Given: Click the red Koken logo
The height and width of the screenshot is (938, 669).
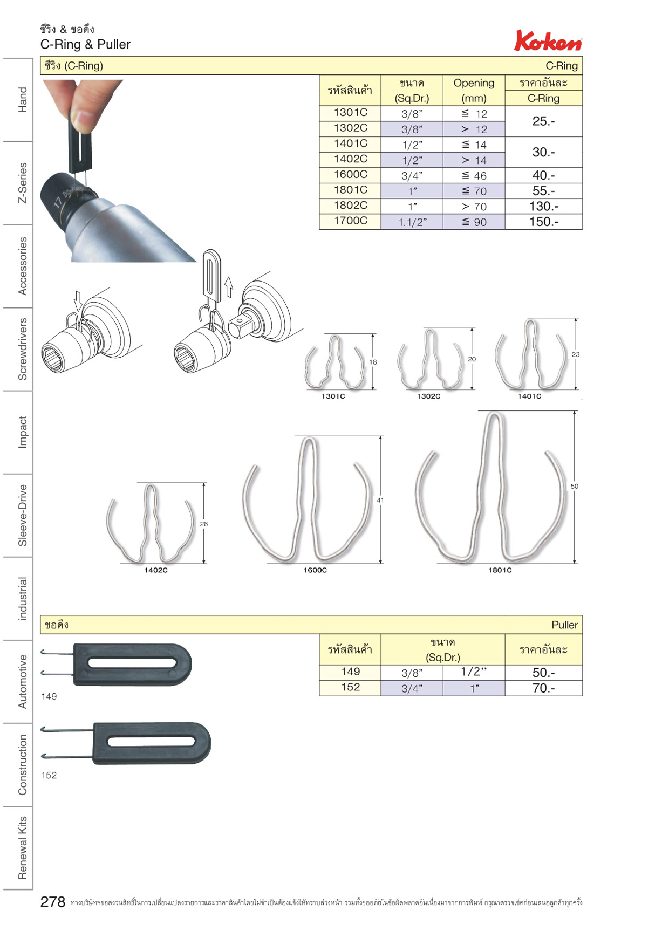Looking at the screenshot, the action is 548,40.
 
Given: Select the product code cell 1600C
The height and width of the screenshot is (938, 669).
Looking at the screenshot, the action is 350,175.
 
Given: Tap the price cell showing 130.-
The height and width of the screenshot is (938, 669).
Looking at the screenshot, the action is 543,206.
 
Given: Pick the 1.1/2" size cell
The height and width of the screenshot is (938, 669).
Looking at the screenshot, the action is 412,222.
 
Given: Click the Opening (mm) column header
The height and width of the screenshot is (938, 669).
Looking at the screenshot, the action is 474,90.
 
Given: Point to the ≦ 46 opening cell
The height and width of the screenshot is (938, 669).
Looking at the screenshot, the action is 474,175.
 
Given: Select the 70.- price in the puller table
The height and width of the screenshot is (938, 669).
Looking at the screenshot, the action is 543,688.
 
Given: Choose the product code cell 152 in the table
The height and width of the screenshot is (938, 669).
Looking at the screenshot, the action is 350,687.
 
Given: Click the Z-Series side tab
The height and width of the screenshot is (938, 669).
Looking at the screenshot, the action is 22,183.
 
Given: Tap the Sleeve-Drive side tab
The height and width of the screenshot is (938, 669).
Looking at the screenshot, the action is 22,515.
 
